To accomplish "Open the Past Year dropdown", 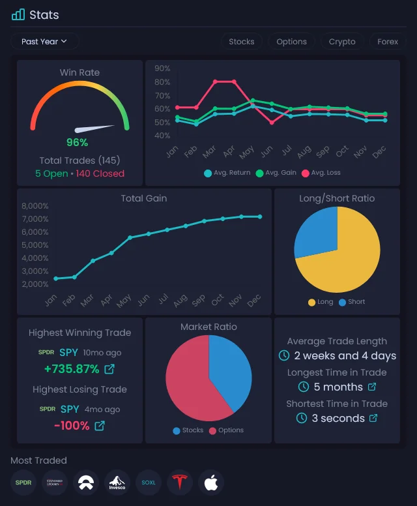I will (44, 41).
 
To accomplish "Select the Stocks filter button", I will (241, 41).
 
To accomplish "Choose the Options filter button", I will (291, 41).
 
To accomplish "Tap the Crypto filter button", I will (342, 41).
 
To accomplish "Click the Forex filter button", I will (388, 41).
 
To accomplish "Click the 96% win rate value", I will (77, 142).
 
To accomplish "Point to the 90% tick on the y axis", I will (162, 68).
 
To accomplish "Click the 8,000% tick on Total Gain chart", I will (35, 206).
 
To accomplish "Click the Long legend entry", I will (321, 302).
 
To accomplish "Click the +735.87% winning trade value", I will (72, 369).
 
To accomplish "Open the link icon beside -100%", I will (100, 426).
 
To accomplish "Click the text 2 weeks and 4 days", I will (345, 355).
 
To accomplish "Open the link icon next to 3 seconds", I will (373, 418).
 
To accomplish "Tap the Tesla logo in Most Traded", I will (180, 483).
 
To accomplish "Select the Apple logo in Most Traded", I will (211, 483).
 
